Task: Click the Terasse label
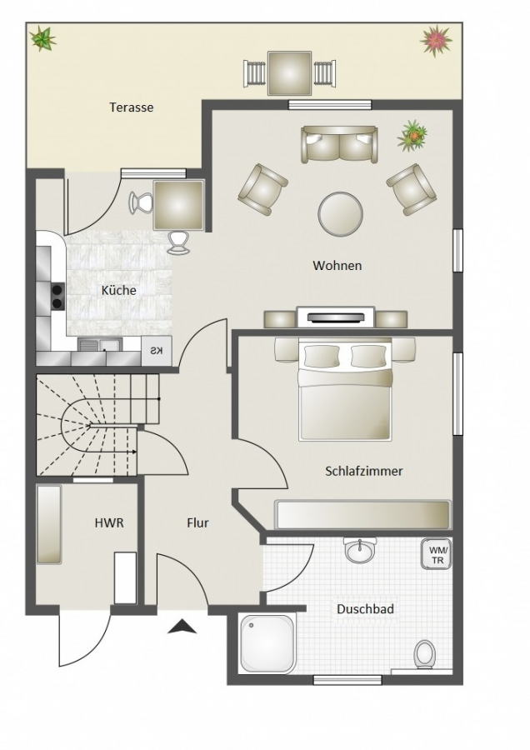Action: tap(132, 107)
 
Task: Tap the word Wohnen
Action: tap(337, 266)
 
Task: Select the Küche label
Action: tap(118, 290)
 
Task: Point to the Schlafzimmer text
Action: tap(364, 471)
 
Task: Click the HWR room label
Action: tap(109, 522)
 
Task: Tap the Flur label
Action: tap(197, 522)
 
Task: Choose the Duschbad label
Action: tap(366, 609)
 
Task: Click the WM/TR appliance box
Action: tap(436, 554)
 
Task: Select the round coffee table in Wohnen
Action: tap(340, 214)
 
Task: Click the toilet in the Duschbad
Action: tap(424, 653)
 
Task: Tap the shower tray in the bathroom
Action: tap(267, 644)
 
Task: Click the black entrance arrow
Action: tap(182, 627)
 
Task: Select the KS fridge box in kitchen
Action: tap(157, 351)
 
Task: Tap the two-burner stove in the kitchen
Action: tap(57, 296)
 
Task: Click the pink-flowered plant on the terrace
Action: tap(436, 41)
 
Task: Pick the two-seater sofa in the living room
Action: tap(339, 143)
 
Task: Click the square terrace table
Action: tap(289, 73)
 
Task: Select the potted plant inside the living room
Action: tap(412, 136)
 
